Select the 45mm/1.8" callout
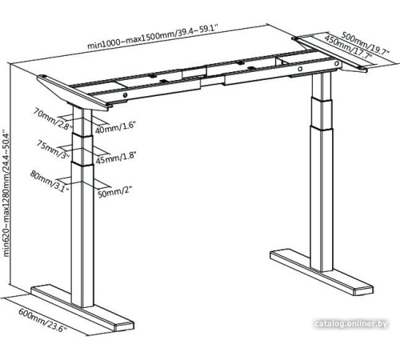click(113, 158)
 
